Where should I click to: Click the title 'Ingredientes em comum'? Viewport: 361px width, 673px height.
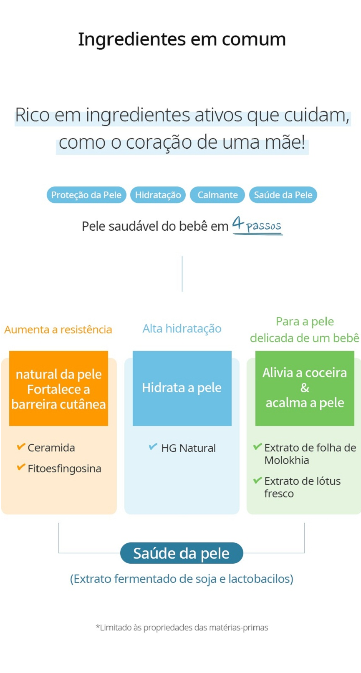coord(182,40)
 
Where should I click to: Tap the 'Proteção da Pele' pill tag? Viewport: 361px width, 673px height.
coord(86,195)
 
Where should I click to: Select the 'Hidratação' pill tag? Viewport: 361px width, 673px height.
coord(158,195)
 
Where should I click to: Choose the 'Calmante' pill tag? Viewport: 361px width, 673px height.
coord(217,195)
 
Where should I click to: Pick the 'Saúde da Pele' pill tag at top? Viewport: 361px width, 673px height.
coord(283,195)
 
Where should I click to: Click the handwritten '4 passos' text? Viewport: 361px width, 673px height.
coord(257,225)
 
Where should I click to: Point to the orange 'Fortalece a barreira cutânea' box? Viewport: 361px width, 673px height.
coord(58,388)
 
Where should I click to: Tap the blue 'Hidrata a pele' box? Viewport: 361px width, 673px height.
coord(182,388)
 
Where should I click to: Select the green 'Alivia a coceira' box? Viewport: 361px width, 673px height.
coord(305,388)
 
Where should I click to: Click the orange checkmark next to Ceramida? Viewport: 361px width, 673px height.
coord(21,447)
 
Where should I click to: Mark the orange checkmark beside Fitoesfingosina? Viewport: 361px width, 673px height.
coord(21,467)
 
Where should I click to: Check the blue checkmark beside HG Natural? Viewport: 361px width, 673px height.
coord(153,447)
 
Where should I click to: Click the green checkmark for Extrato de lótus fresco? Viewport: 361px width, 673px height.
coord(257,480)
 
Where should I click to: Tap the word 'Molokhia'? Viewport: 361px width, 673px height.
coord(287,460)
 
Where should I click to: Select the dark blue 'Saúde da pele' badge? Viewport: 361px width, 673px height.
coord(182,553)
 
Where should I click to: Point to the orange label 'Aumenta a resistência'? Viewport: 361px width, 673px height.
coord(58,330)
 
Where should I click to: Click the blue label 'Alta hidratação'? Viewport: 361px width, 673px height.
coord(182,329)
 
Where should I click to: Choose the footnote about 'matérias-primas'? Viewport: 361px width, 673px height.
coord(182,628)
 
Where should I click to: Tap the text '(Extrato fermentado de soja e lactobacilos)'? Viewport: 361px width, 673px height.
coord(182,579)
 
